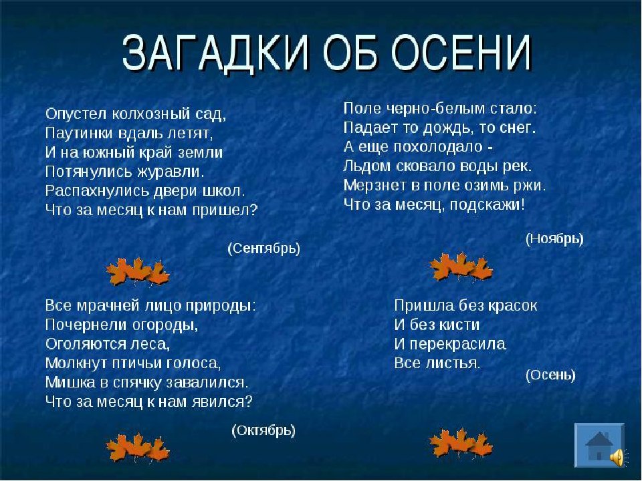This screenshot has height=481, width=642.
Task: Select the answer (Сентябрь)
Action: pos(263,249)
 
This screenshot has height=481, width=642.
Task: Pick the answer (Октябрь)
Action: pos(263,430)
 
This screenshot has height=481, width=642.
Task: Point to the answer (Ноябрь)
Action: pos(554,239)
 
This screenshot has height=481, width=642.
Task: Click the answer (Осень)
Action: pos(550,375)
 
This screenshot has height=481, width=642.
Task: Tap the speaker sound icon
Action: pos(617,456)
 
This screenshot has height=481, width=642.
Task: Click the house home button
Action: pos(599,445)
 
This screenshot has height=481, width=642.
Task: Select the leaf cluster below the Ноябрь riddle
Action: pos(461,267)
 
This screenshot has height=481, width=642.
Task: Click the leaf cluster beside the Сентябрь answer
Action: pos(138,272)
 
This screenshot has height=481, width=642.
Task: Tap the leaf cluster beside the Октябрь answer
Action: pos(138,448)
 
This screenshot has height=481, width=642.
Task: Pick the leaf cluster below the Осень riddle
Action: pos(461,444)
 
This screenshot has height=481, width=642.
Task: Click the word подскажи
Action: pos(487,205)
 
